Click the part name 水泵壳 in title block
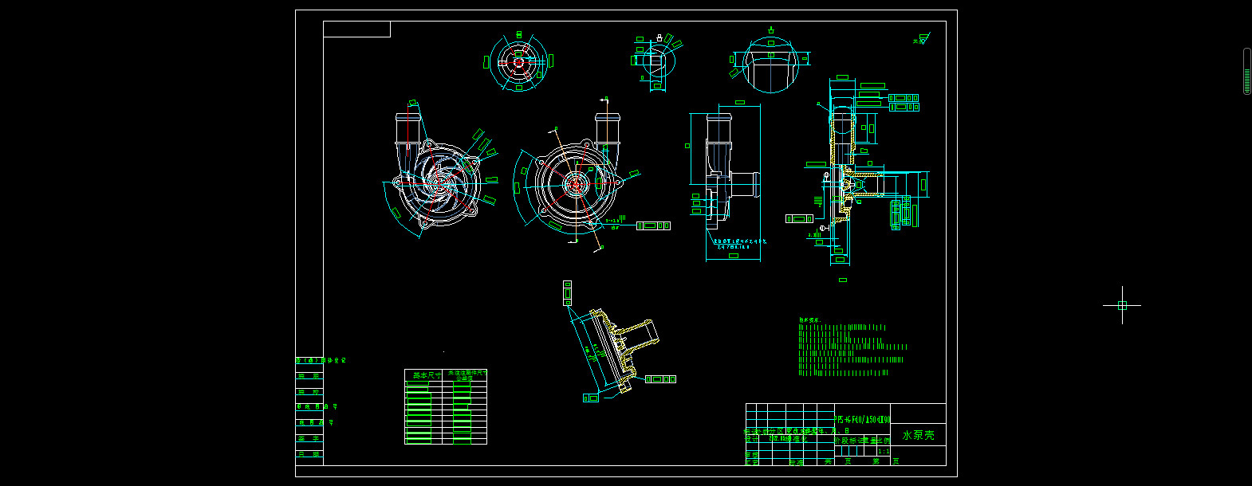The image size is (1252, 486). (918, 435)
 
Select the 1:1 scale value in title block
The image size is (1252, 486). (883, 451)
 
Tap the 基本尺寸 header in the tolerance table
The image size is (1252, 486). (423, 374)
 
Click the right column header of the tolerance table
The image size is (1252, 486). (467, 374)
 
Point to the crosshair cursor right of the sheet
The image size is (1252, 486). (1122, 305)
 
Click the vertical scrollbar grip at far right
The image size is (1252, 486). (1247, 72)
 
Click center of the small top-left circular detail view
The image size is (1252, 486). (518, 61)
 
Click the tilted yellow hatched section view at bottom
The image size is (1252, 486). (618, 347)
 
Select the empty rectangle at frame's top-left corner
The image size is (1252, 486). (356, 29)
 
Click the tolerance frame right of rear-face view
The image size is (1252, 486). (653, 226)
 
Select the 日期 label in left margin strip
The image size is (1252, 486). (309, 454)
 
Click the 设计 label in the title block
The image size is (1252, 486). (752, 439)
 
